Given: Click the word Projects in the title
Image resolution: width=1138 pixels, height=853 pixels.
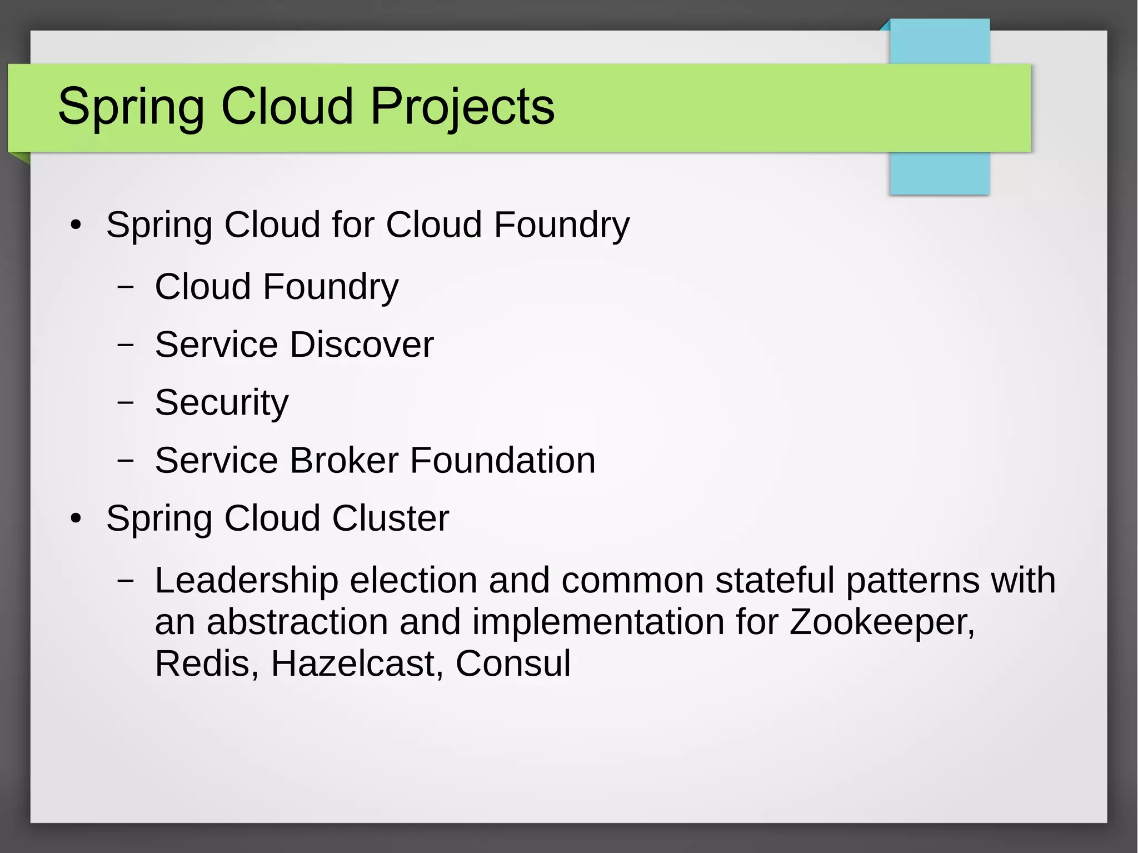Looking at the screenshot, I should pos(462,107).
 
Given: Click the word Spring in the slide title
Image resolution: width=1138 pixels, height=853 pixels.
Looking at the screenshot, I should pos(131,107).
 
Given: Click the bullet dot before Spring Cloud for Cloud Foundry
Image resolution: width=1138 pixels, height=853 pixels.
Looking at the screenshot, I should pos(76,226).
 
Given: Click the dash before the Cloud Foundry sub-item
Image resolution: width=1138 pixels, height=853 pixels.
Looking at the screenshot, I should pos(126,287).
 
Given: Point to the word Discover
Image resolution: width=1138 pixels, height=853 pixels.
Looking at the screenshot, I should pos(361,345).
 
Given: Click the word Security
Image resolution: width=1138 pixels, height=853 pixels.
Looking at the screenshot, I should pos(222,402).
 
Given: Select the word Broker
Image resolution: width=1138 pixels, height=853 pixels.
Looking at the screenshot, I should pos(344,460).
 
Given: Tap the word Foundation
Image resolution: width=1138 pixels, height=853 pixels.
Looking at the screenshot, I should pos(502,460).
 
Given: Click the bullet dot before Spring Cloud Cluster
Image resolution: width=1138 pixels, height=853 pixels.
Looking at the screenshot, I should pos(76,519).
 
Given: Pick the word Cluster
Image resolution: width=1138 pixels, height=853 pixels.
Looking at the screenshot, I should pos(390,518).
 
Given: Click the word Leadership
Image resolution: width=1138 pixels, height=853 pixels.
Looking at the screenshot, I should pos(246,580).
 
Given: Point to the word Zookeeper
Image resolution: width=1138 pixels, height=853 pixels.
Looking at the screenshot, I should pos(882,622).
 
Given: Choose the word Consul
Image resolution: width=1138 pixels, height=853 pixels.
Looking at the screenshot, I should pos(513,664).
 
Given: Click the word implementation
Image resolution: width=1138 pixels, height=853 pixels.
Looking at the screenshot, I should pos(598,622).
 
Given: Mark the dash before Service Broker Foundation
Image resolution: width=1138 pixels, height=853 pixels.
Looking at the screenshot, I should pos(126,460).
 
